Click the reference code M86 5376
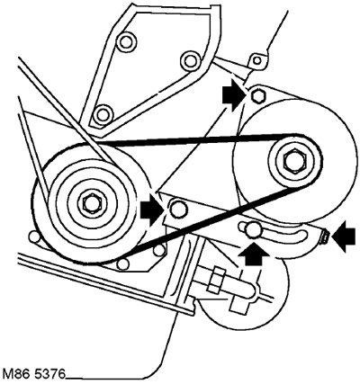[33, 374]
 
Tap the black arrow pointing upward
[253, 255]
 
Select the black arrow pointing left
[345, 237]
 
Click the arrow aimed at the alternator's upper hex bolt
[234, 94]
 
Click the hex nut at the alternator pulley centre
[291, 161]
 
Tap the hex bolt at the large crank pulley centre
[89, 203]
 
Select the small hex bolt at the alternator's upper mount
[257, 96]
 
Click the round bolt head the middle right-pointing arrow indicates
[178, 209]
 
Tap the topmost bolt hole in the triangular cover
[125, 42]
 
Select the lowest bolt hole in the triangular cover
[103, 115]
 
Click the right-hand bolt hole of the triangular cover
[190, 60]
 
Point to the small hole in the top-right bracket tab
[257, 60]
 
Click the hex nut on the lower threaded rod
[217, 281]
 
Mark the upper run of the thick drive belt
[198, 139]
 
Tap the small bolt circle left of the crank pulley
[33, 236]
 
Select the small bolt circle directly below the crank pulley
[123, 263]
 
